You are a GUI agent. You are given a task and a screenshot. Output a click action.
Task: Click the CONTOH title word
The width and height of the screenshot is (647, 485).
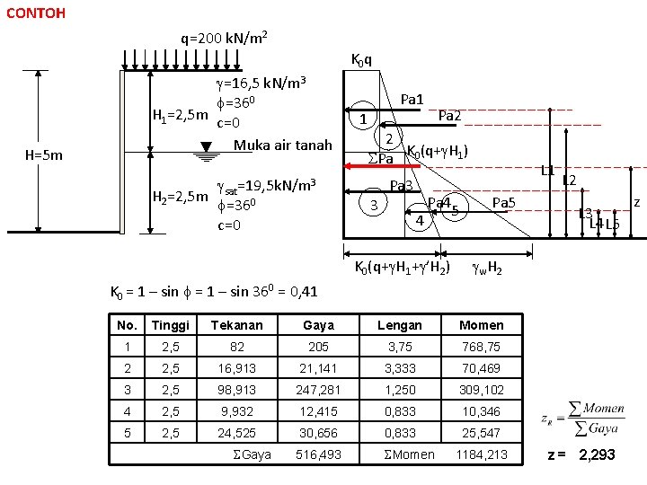[34, 13]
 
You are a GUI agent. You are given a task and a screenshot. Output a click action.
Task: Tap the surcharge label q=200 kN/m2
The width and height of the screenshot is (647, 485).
[223, 39]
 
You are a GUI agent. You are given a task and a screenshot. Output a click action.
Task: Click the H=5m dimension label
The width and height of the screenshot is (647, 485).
[44, 154]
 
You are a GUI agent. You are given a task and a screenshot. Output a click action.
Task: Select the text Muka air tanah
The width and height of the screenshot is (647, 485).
[283, 145]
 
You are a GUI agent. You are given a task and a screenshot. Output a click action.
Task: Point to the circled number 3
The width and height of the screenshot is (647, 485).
[373, 204]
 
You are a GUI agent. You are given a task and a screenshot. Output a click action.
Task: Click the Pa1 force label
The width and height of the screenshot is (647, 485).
[413, 98]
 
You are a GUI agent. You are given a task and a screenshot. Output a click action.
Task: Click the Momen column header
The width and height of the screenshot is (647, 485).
[481, 325]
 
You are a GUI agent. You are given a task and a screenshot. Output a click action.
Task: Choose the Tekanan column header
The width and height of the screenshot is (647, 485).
[237, 325]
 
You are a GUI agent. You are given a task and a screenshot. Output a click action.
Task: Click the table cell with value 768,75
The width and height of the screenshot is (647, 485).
[481, 347]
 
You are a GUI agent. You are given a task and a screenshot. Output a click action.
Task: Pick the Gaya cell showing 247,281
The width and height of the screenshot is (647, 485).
[318, 390]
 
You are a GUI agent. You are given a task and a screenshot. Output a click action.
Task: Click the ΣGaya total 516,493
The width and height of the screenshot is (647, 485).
[318, 454]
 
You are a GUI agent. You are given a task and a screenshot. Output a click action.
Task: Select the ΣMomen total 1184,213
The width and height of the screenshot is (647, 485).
[481, 454]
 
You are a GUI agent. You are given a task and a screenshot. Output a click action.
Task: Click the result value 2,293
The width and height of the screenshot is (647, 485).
[597, 454]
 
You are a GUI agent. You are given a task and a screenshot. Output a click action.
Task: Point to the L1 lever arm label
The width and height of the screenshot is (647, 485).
[548, 171]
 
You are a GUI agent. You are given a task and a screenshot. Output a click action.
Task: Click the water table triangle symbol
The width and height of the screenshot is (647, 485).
[206, 152]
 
